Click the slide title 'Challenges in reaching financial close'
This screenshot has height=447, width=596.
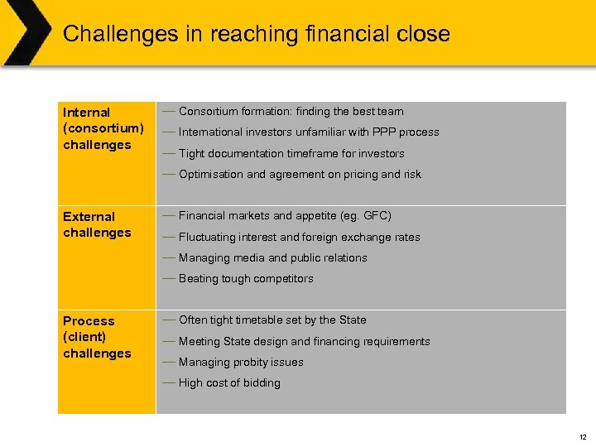click(x=256, y=34)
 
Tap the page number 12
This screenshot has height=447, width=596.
click(x=583, y=436)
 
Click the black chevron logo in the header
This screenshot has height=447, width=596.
click(x=25, y=32)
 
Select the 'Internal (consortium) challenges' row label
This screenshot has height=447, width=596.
click(x=103, y=128)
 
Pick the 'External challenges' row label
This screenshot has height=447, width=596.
click(x=97, y=224)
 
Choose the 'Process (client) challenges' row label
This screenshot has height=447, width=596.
click(x=97, y=337)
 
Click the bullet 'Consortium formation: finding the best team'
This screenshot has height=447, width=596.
click(x=291, y=111)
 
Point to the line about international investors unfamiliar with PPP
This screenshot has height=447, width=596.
click(x=308, y=132)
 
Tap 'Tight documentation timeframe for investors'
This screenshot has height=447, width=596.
click(x=291, y=154)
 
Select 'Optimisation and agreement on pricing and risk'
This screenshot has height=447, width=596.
click(x=300, y=175)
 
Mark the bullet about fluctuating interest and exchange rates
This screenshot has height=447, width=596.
click(x=299, y=238)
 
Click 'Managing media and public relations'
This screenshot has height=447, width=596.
click(x=272, y=258)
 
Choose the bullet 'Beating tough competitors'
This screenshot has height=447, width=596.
click(x=246, y=279)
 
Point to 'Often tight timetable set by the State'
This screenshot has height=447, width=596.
click(x=272, y=320)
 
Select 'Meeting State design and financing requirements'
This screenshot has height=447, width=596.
click(x=304, y=342)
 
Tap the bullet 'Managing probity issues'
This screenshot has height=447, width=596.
click(x=241, y=363)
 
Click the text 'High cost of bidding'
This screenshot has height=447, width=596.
click(x=229, y=383)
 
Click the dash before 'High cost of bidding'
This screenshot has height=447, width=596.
click(x=168, y=382)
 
